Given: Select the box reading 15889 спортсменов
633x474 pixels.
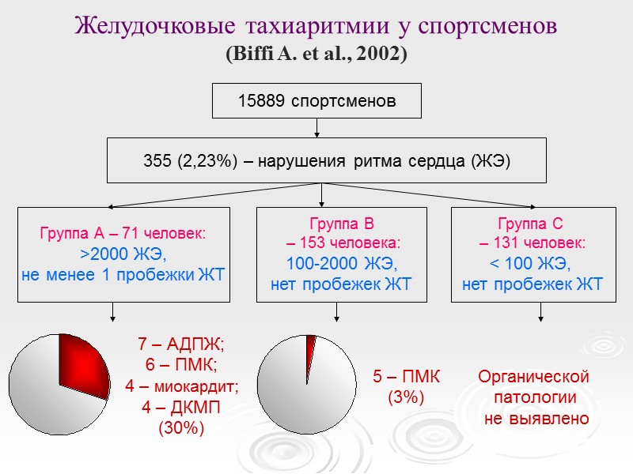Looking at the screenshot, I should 316,102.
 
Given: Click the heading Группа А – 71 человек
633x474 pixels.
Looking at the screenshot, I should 123,234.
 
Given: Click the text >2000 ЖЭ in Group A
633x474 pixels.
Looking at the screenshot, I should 123,254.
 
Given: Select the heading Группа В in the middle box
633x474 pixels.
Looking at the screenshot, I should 342,223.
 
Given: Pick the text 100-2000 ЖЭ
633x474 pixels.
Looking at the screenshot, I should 341,263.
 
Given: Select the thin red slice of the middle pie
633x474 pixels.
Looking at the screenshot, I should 311,344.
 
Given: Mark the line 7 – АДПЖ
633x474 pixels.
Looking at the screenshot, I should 181,344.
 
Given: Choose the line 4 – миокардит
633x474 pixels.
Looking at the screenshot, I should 181,386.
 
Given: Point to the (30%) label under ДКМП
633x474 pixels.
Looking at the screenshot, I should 181,427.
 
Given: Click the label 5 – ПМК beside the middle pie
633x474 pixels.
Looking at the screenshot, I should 406,377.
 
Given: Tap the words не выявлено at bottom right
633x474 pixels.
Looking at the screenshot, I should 536,418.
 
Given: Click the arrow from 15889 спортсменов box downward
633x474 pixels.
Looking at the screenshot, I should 316,127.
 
